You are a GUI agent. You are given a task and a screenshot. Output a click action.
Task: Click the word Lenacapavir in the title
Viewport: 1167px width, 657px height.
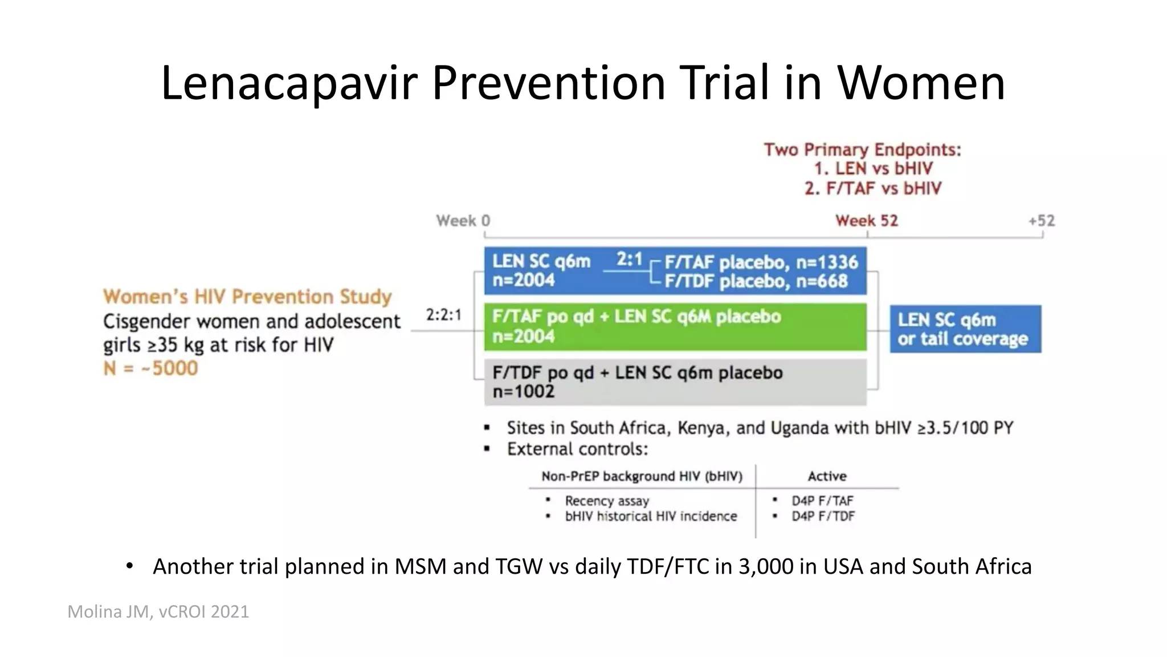[289, 83]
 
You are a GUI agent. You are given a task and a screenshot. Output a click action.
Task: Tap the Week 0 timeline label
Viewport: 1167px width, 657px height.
[463, 221]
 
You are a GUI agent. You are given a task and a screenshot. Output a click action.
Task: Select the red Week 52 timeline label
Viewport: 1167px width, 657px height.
[866, 221]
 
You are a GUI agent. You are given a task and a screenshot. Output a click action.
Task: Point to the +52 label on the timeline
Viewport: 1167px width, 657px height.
[1042, 221]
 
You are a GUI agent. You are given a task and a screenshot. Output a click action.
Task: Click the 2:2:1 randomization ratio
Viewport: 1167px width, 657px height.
[443, 315]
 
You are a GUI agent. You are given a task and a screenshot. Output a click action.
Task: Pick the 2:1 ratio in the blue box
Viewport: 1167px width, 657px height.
[629, 260]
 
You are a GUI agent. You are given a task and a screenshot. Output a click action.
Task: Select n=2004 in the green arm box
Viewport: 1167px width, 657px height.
[523, 336]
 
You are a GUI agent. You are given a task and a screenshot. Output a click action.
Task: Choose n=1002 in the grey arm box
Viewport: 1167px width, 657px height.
[523, 392]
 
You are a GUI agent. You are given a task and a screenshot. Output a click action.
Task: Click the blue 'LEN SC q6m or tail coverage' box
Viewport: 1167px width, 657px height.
[965, 329]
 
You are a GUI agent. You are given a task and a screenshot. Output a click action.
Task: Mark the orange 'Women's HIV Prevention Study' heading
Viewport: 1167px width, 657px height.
[247, 297]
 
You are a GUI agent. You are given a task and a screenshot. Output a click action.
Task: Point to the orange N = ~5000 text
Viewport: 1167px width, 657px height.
[150, 368]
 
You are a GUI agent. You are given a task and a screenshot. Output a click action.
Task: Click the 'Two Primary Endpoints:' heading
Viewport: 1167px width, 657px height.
[862, 150]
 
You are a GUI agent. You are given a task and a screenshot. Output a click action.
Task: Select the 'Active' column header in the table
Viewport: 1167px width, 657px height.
[827, 476]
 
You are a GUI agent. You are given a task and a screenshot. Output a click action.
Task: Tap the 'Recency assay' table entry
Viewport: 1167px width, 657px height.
[607, 501]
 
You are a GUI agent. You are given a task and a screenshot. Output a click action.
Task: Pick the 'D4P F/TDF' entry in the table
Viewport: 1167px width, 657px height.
[823, 516]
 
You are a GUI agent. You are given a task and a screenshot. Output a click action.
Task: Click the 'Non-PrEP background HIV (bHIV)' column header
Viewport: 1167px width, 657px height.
[642, 476]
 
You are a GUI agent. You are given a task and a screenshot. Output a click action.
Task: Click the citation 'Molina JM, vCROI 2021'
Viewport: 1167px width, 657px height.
[158, 612]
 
